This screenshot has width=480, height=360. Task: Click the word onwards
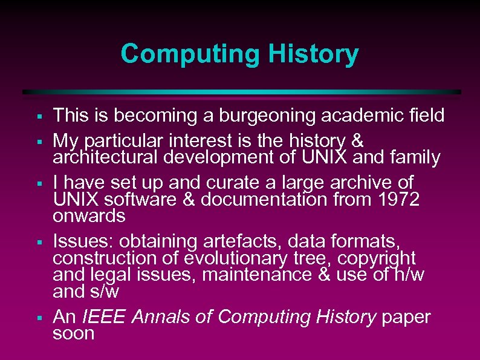89,216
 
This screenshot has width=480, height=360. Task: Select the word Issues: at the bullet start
83,241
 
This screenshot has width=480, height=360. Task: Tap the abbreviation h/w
409,275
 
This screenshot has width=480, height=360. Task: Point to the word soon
74,333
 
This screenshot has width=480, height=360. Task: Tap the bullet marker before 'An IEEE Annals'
38,318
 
